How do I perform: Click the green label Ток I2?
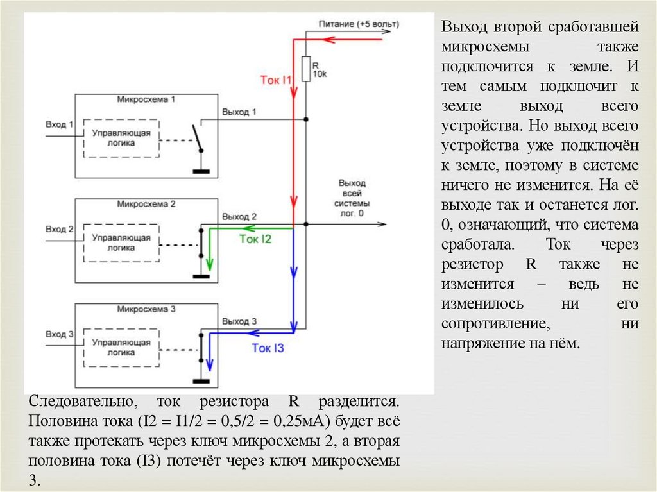[255, 239]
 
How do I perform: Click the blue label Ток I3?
[267, 348]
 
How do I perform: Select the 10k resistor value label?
[320, 75]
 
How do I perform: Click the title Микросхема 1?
[146, 101]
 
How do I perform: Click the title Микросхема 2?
[146, 205]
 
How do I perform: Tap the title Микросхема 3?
[146, 309]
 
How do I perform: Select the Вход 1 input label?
[60, 124]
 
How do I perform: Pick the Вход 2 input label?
[60, 228]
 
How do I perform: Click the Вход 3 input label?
[60, 334]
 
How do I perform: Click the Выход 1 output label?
[239, 112]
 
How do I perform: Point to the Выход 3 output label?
[239, 321]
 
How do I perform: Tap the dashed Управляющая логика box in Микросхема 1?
[121, 138]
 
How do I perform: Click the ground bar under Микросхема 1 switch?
[201, 171]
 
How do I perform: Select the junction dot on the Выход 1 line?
[306, 119]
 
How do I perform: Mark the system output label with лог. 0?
[352, 196]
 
